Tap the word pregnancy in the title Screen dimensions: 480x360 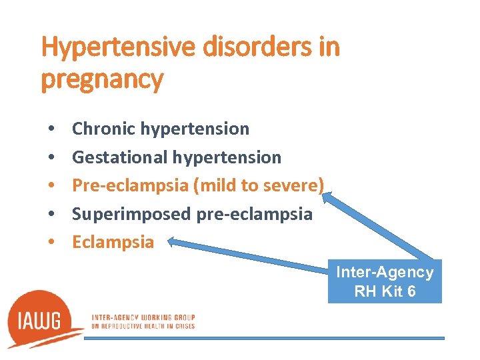click(x=102, y=79)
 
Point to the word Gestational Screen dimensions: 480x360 click(x=120, y=157)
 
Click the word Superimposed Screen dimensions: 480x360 click(x=131, y=214)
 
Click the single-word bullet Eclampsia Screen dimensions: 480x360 click(x=113, y=242)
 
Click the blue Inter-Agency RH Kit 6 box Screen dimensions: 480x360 click(x=385, y=282)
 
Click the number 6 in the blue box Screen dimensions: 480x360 click(x=411, y=291)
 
